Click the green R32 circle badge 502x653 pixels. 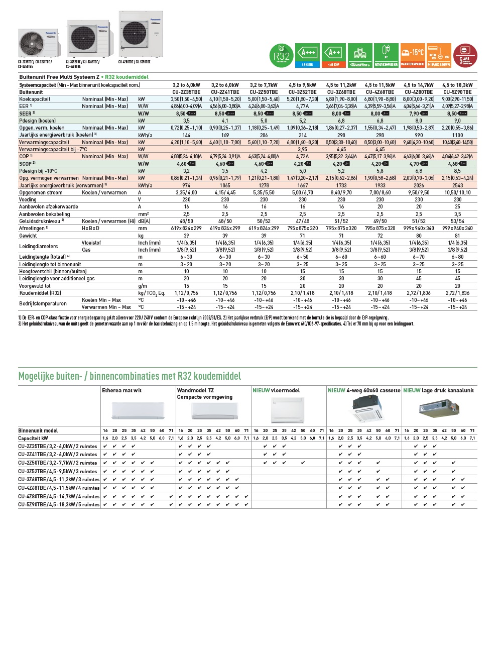[x=282, y=56]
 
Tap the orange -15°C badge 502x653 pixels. [x=413, y=55]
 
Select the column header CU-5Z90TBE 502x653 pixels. [x=457, y=92]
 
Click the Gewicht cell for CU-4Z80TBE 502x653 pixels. [x=419, y=236]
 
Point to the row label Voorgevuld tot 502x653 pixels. [x=35, y=286]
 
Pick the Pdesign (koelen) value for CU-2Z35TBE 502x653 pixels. [x=186, y=121]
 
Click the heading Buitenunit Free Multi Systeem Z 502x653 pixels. [x=59, y=77]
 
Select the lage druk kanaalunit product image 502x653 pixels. [x=439, y=408]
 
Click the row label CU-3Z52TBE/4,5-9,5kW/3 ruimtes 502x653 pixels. [x=58, y=471]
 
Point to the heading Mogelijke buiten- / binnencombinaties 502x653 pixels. [x=130, y=376]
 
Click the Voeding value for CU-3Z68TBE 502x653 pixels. [x=341, y=199]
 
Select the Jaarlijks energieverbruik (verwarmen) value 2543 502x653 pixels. [x=457, y=185]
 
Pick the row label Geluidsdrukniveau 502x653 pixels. [x=40, y=221]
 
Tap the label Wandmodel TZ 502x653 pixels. [x=195, y=390]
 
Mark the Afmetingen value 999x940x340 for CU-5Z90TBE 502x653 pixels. [x=457, y=228]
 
